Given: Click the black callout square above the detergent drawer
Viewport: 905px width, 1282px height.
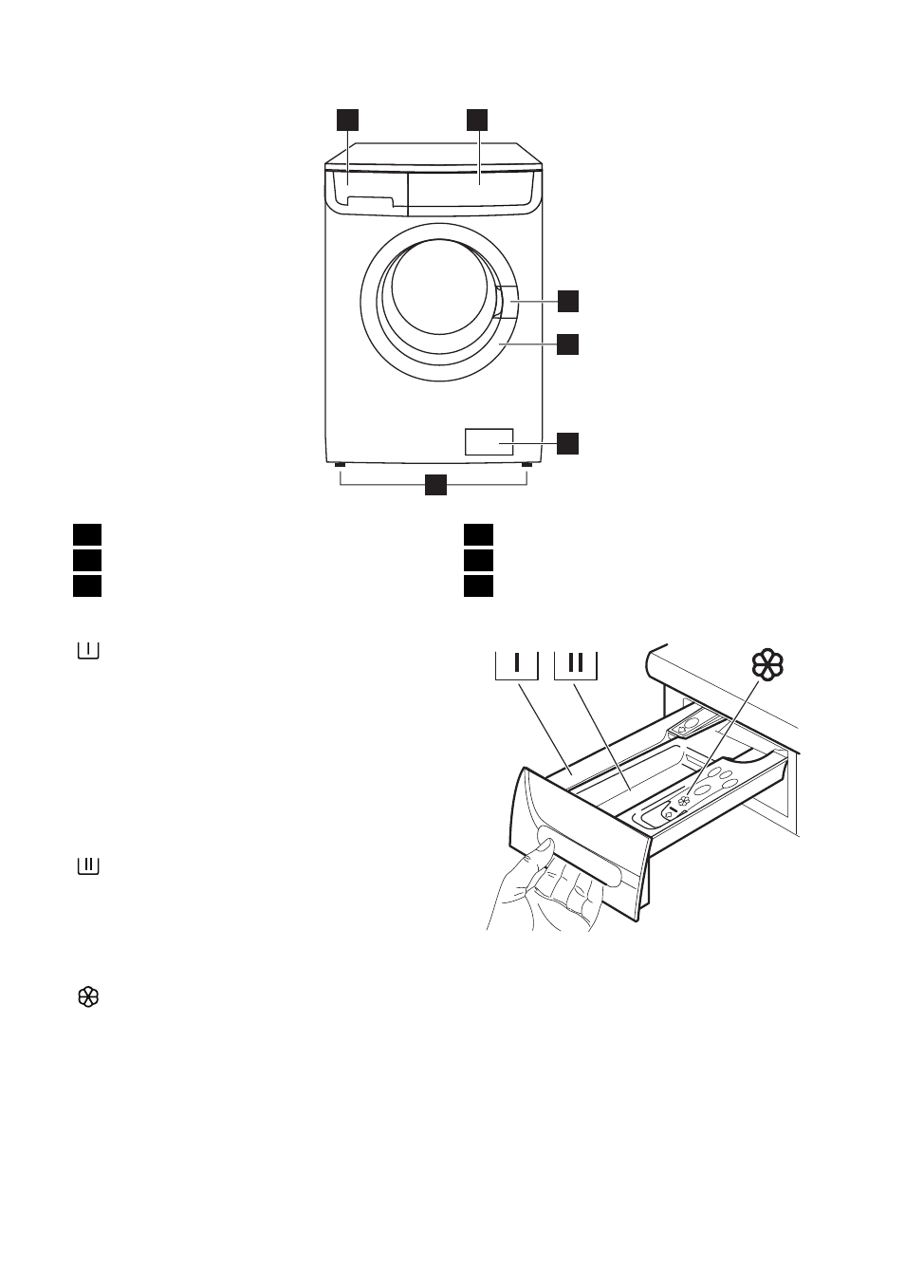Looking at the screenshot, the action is coord(347,121).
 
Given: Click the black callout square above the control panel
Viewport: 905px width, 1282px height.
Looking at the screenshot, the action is coord(476,121).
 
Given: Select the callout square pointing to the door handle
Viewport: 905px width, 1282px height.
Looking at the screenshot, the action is coord(568,301).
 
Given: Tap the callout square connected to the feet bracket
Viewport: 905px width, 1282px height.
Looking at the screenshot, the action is coord(435,484).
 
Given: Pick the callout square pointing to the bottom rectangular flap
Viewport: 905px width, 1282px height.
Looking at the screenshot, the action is coord(568,443).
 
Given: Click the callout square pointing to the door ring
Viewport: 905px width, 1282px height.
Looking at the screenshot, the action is coord(568,344).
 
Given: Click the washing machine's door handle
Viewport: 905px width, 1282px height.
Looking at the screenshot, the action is coord(507,302).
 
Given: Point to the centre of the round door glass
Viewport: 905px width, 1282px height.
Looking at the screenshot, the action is coord(439,288).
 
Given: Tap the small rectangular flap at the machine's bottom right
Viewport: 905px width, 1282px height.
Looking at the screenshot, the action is coord(489,442).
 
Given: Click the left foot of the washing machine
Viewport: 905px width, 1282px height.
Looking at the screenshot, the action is coord(341,465).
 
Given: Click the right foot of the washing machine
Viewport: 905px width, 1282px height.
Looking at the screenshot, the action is coord(526,465).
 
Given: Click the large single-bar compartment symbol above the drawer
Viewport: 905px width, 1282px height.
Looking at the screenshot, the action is coord(517,665).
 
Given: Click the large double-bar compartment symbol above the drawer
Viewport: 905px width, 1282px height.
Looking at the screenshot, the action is coord(576,665).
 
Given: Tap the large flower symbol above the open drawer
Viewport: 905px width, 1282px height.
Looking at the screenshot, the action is coord(767,665).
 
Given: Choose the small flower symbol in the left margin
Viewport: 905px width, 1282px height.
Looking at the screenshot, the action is coord(88,997).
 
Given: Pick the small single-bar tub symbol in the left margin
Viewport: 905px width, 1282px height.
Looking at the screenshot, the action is coord(88,651).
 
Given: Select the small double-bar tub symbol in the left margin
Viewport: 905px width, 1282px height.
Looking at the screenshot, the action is coord(88,866).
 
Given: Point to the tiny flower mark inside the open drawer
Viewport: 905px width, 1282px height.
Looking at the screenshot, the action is coord(682,801).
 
